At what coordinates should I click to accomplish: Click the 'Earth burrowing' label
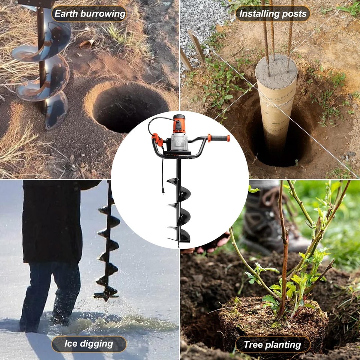point(89,14)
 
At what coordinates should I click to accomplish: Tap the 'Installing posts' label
point(273,14)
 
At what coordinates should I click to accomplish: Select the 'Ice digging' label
point(89,343)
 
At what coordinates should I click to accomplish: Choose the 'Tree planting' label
point(273,344)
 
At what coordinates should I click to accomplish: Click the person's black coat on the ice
point(52,221)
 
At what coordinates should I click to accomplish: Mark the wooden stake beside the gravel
point(197,45)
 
